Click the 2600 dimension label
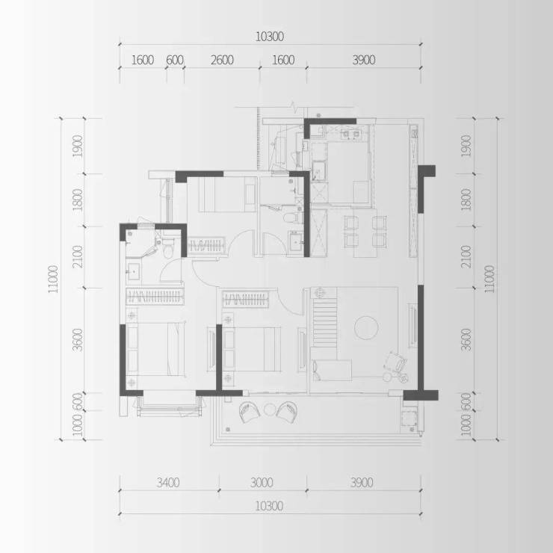pyautogui.click(x=222, y=60)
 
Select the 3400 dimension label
pyautogui.click(x=168, y=482)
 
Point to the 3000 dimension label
pyautogui.click(x=262, y=482)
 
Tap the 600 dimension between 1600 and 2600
pyautogui.click(x=175, y=60)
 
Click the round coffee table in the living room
pyautogui.click(x=366, y=327)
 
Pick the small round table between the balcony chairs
pyautogui.click(x=270, y=410)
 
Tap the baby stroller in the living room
pyautogui.click(x=396, y=368)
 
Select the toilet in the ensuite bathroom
pyautogui.click(x=168, y=249)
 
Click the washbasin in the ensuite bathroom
pyautogui.click(x=133, y=271)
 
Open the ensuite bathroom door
pyautogui.click(x=171, y=271)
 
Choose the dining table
pyautogui.click(x=365, y=232)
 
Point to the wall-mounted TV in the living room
pyautogui.click(x=412, y=325)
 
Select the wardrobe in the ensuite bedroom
pyautogui.click(x=155, y=296)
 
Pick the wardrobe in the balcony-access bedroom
pyautogui.click(x=246, y=299)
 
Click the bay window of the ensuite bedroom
pyautogui.click(x=170, y=404)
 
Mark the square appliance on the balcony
pyautogui.click(x=409, y=419)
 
